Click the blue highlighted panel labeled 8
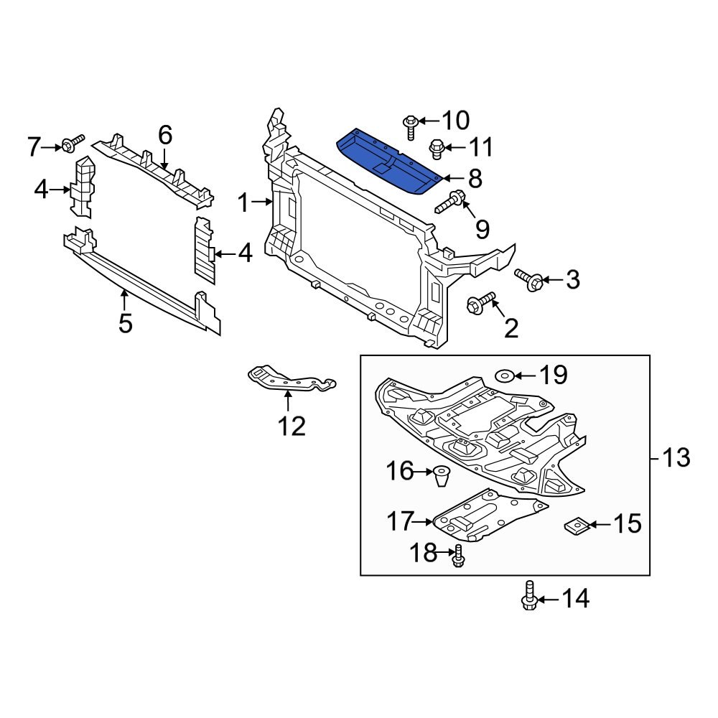388,162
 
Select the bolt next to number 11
436,149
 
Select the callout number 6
165,134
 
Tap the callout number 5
126,324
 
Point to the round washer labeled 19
504,375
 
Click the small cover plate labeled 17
488,516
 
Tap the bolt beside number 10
411,126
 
